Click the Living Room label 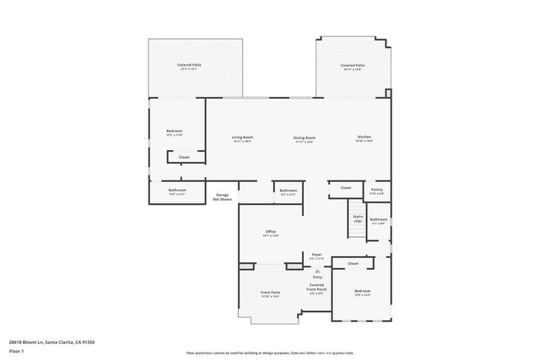click(243, 137)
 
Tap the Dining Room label click(305, 137)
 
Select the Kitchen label click(364, 137)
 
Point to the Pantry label click(376, 190)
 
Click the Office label click(271, 232)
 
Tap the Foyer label click(317, 254)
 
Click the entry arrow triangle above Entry click(317, 271)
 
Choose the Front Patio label click(271, 292)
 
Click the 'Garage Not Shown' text click(222, 197)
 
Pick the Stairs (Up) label click(357, 218)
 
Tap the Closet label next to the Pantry click(346, 188)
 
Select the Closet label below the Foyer click(353, 263)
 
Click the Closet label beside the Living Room click(184, 157)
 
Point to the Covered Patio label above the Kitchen click(353, 65)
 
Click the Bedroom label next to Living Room click(175, 131)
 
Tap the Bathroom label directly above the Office click(289, 190)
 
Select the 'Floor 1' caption click(16, 350)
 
